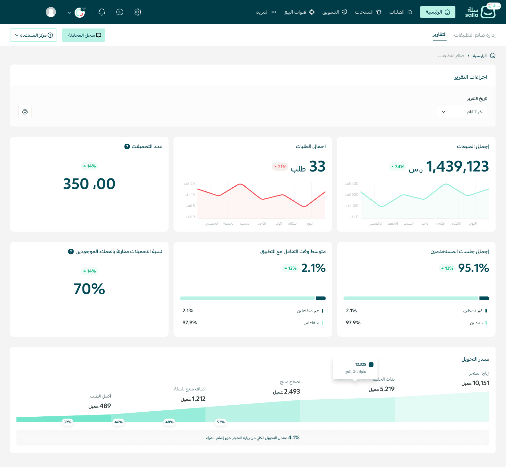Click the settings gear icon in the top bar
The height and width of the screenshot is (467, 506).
coord(138,12)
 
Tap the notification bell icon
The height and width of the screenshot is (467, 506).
coord(102,12)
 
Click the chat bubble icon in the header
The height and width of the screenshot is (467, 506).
coord(120,12)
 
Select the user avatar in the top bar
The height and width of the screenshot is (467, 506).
coord(51,12)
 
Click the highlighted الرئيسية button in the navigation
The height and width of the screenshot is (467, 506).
coord(438,12)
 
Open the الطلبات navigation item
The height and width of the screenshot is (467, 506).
coord(401,12)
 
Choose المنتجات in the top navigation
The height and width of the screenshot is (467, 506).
coord(368,12)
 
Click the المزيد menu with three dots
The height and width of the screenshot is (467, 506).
coord(266,12)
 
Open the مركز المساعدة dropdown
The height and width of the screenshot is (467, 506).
coord(34,35)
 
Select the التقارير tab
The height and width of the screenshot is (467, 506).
coord(440,35)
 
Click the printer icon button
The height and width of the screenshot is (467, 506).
coord(25,112)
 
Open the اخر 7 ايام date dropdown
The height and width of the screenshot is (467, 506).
coord(462,112)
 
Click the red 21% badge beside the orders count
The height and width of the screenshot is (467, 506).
coord(280,167)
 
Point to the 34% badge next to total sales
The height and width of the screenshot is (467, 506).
coord(398,167)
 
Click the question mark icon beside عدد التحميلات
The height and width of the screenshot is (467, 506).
coord(127,146)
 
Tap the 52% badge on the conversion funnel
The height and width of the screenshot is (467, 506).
coord(221,422)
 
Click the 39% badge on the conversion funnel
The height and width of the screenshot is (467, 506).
coord(68,422)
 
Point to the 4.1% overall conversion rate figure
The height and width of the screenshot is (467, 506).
coord(294,438)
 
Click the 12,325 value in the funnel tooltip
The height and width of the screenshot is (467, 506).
coord(361,364)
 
